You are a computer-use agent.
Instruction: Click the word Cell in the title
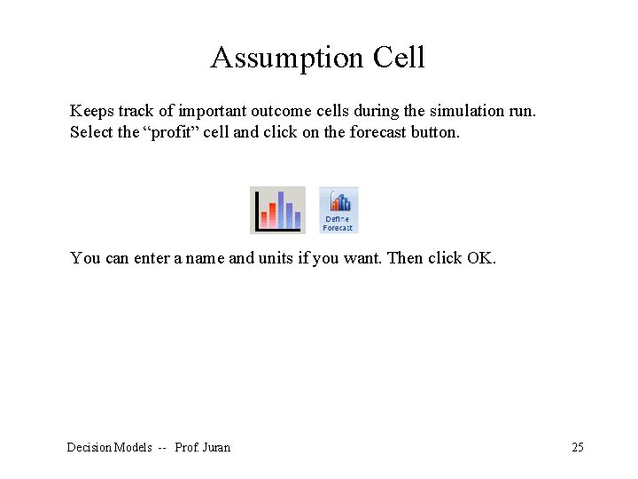399,58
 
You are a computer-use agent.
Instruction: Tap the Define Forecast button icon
338,209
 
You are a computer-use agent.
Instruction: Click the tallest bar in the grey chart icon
281,210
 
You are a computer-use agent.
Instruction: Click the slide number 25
577,447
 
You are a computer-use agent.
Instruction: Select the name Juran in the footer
215,447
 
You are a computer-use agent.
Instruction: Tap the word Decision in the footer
89,447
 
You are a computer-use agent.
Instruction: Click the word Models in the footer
133,447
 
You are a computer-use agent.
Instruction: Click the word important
213,111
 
